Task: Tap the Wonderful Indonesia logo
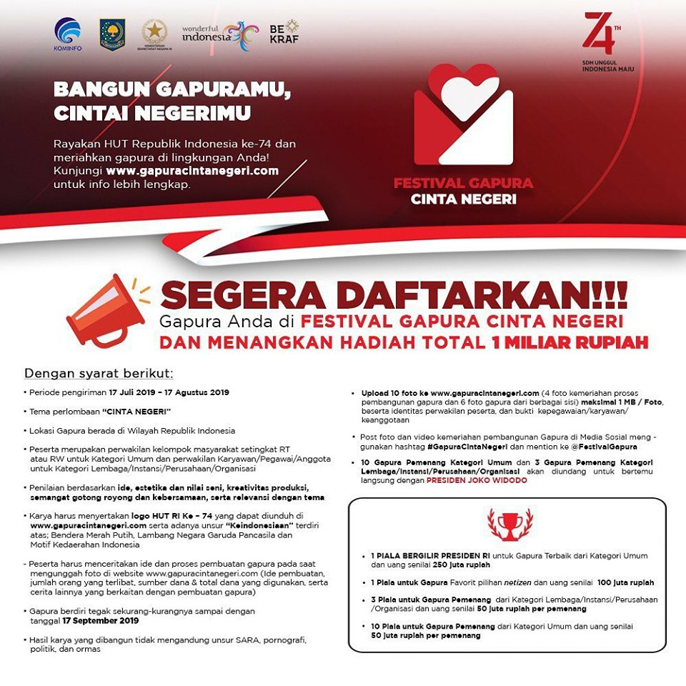click(219, 33)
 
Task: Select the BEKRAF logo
click(284, 31)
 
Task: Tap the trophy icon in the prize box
click(509, 524)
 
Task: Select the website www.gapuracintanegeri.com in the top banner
click(192, 171)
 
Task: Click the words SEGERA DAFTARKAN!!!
click(394, 293)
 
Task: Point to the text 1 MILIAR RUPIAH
click(570, 343)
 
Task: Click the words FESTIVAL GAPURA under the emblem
click(463, 183)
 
